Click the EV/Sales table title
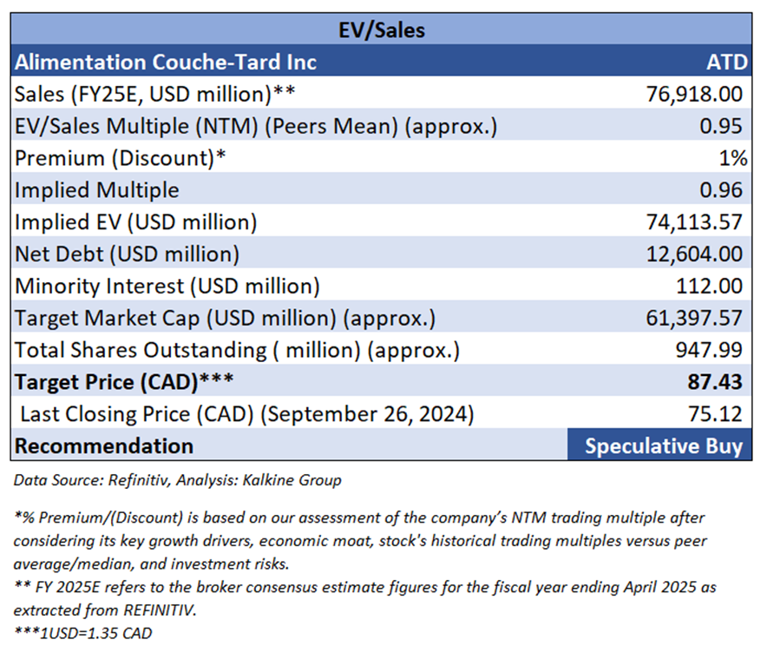point(382,30)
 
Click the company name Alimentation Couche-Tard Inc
point(166,62)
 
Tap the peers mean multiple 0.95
point(721,126)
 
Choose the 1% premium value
point(732,158)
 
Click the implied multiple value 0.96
point(721,190)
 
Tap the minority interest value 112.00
point(710,286)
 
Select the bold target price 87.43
point(716,382)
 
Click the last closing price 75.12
point(716,414)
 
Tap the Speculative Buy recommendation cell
point(663,446)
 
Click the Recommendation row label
point(104,446)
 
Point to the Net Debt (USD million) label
point(127,254)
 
